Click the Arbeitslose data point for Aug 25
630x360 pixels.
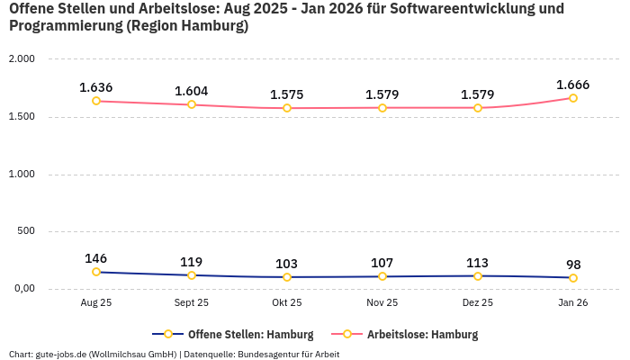click(96, 101)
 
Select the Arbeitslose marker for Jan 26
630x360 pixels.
click(573, 98)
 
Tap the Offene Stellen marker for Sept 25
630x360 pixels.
click(192, 275)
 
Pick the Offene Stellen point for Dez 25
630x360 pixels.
click(478, 275)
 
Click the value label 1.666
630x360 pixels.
click(573, 85)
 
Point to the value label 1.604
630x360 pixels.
click(192, 91)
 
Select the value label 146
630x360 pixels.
click(96, 258)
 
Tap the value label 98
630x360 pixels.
click(573, 265)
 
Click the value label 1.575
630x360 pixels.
click(287, 94)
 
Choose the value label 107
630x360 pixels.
click(382, 263)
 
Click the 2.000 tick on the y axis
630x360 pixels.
click(21, 59)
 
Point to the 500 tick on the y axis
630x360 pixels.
click(26, 231)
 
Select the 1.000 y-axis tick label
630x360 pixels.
click(21, 174)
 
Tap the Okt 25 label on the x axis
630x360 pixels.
click(287, 303)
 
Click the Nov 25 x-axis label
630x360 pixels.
click(382, 303)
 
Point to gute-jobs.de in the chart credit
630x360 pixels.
click(61, 354)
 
